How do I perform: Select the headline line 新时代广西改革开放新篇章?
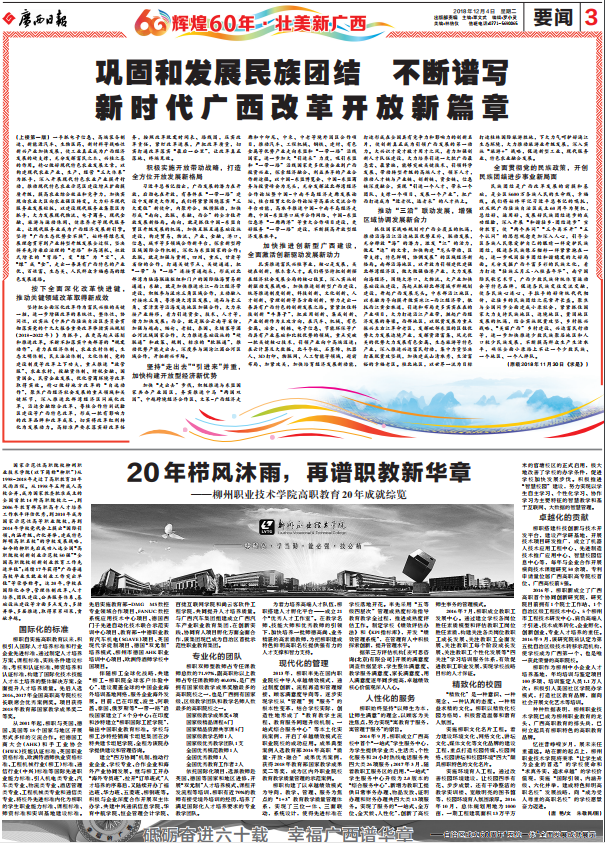[302, 106]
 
